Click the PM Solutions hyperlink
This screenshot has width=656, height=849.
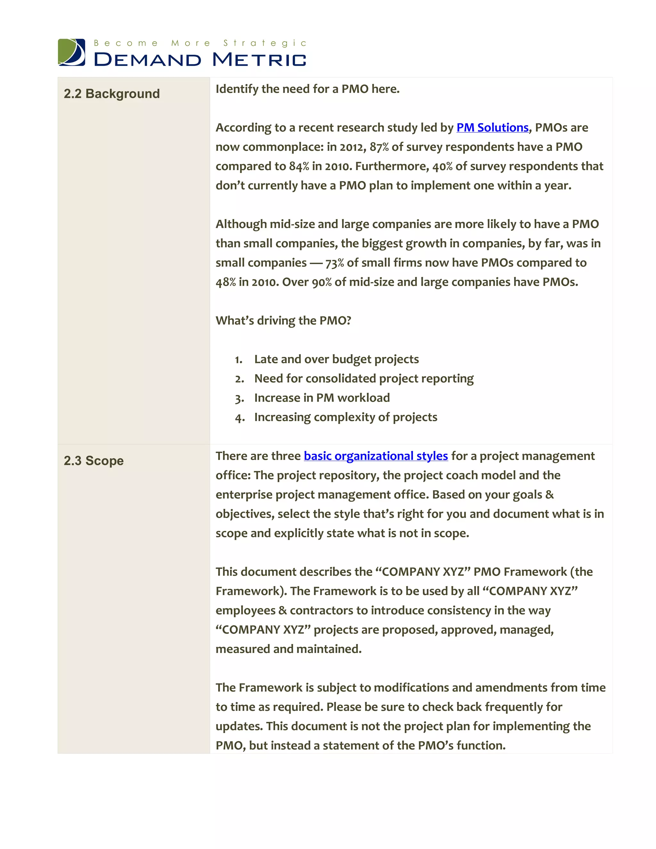[x=492, y=128]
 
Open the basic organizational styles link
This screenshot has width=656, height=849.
[x=375, y=456]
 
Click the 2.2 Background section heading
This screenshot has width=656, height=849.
[x=111, y=94]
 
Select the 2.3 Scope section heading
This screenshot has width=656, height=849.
[x=94, y=461]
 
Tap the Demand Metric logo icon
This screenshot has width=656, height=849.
[x=71, y=52]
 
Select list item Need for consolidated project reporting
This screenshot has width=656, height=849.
[x=364, y=379]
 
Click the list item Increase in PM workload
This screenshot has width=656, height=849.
[x=322, y=398]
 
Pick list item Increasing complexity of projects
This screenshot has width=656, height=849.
[x=346, y=417]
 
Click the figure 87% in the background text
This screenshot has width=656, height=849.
[x=379, y=147]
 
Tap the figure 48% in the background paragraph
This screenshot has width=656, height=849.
[x=225, y=282]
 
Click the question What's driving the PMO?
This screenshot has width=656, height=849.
[x=283, y=320]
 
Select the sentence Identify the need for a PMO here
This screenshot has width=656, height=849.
[x=307, y=89]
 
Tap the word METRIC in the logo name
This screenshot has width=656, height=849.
[x=259, y=60]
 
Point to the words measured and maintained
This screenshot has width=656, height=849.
[x=288, y=649]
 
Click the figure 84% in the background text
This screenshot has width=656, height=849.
[x=299, y=166]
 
